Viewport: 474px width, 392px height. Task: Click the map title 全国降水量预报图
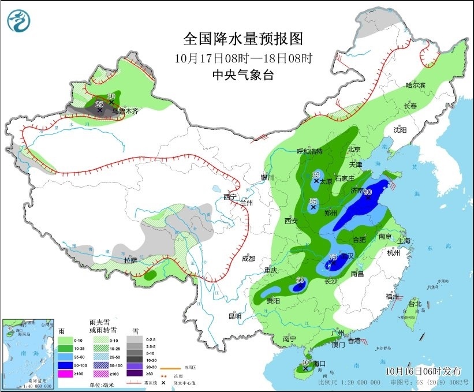[242, 39]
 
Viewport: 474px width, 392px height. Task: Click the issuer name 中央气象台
[242, 74]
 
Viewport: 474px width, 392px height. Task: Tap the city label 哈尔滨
[415, 85]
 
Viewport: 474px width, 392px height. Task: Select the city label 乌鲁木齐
[125, 111]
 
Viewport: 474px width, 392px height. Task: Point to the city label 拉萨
[130, 260]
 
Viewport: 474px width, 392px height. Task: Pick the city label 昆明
[234, 316]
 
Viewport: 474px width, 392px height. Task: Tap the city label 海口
[318, 364]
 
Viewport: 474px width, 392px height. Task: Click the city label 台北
[415, 304]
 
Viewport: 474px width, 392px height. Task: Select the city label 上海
[402, 241]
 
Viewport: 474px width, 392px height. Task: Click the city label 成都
[249, 259]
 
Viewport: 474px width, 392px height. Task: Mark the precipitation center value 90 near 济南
[367, 192]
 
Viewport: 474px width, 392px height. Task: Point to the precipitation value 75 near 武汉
[333, 257]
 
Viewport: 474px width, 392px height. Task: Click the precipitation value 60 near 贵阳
[300, 281]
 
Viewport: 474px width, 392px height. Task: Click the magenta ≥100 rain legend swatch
[65, 374]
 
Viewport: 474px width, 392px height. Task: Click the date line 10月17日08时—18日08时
[242, 58]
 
